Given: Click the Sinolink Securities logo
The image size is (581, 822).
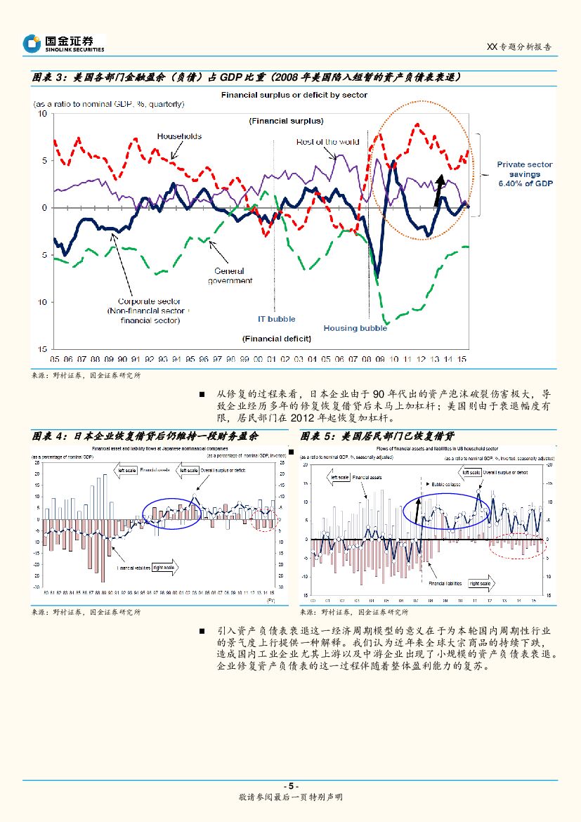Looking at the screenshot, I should (63, 44).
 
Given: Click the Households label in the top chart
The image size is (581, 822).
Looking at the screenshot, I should (179, 136).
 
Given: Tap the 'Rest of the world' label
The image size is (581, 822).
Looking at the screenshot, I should (327, 142).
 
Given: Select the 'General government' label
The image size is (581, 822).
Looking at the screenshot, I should (230, 275).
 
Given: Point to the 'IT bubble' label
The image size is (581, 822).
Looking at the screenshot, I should (276, 319).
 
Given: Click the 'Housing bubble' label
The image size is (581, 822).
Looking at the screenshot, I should (355, 328).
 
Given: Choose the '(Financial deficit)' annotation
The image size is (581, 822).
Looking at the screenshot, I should (276, 339).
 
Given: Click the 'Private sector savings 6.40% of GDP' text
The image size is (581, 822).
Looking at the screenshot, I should (524, 174).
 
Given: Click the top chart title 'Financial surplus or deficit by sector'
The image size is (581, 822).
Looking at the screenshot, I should (294, 95).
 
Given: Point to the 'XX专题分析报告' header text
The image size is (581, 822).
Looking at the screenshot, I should (518, 46).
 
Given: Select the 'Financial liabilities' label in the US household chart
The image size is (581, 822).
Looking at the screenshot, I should (445, 583).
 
